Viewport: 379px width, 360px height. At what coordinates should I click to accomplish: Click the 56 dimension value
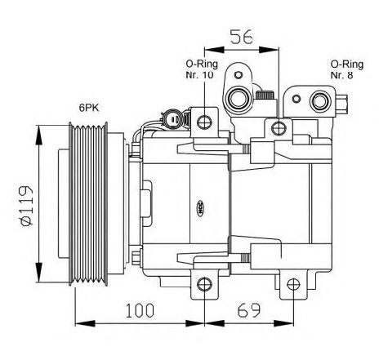(x=242, y=37)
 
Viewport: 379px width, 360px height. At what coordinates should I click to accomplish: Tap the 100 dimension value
(x=140, y=310)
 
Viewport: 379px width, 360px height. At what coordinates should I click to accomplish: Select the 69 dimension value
(x=249, y=310)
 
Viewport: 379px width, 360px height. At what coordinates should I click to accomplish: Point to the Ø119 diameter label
(x=27, y=206)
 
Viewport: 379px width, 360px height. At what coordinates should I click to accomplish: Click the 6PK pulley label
(x=89, y=108)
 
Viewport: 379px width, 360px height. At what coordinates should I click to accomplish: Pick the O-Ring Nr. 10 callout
(x=202, y=69)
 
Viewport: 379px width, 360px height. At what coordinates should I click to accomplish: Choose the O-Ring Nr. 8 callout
(x=347, y=69)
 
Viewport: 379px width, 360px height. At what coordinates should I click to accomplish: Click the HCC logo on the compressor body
(x=201, y=208)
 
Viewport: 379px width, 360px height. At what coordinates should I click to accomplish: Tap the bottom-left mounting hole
(x=204, y=285)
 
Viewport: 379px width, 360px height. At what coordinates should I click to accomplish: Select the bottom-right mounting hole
(x=293, y=285)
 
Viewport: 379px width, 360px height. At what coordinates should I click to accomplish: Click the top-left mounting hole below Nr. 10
(x=204, y=122)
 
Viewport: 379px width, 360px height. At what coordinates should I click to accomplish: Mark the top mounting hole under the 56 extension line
(x=279, y=128)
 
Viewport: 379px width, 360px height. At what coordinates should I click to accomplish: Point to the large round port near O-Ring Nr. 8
(x=322, y=101)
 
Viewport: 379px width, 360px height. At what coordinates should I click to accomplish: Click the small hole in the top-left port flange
(x=239, y=74)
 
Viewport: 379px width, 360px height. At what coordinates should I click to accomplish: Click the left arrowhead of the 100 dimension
(x=85, y=323)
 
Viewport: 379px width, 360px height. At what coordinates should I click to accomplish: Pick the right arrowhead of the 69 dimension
(x=283, y=323)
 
